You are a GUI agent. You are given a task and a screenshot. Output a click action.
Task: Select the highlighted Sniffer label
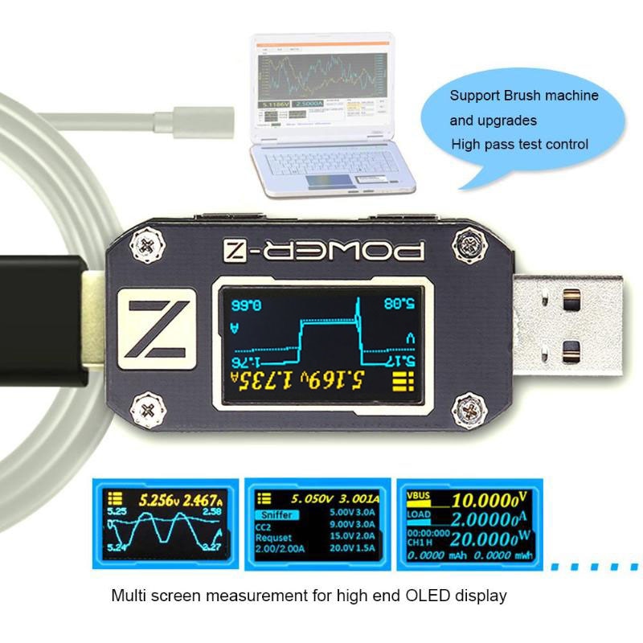(x=276, y=514)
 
